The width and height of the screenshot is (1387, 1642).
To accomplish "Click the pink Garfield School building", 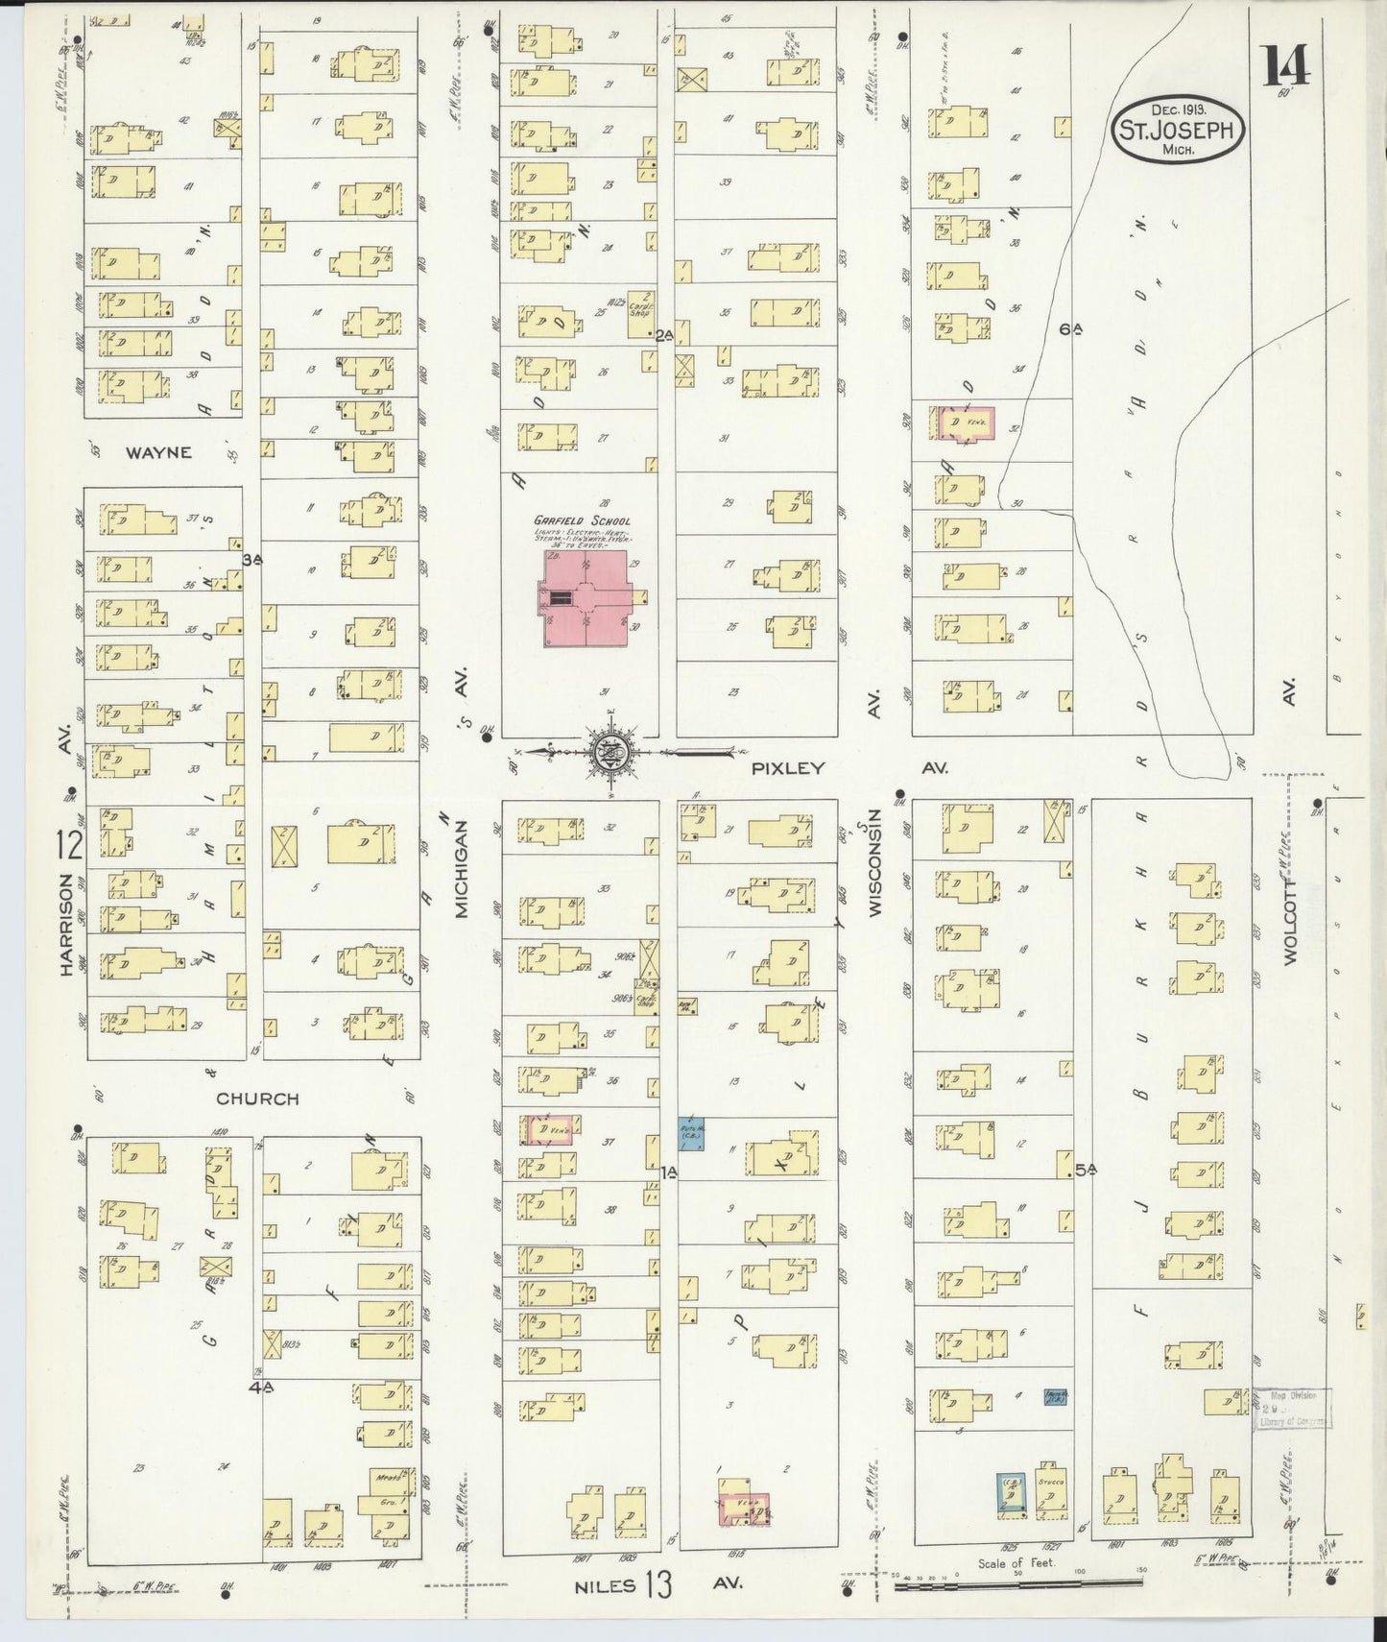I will [586, 598].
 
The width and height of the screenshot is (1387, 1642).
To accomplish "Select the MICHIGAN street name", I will [462, 869].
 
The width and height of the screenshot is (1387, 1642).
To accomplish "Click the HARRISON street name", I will [66, 925].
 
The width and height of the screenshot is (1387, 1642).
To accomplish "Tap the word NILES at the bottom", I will [606, 1584].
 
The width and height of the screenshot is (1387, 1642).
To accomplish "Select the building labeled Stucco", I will [1052, 1491].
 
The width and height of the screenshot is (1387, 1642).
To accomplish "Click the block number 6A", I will [1071, 329].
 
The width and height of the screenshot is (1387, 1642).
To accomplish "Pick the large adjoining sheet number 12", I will [69, 847].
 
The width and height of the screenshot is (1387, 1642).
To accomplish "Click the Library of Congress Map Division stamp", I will [1291, 1409].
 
